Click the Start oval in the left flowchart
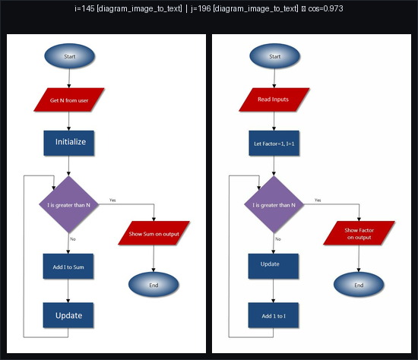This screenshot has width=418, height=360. pos(69,56)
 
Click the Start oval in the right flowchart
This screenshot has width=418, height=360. pos(274,56)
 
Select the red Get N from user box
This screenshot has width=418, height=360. pos(69,100)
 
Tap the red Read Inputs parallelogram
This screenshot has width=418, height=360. pos(274,99)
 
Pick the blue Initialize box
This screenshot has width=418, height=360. pos(69,142)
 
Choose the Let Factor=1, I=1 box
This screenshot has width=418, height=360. pos(274,142)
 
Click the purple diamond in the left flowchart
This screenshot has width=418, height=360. pos(69,204)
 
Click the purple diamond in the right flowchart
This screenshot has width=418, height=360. pos(274,204)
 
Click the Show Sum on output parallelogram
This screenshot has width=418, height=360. pos(154,234)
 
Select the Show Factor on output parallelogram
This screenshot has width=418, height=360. pos(359,233)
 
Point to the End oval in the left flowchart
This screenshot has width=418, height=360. pos(154,285)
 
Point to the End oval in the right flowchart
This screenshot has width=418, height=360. pos(359,285)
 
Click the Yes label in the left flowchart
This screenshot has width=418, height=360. pos(112,200)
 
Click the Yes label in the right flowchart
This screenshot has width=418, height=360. pos(318,200)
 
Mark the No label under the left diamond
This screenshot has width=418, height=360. pos(73,239)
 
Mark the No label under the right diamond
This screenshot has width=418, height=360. pos(278,239)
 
